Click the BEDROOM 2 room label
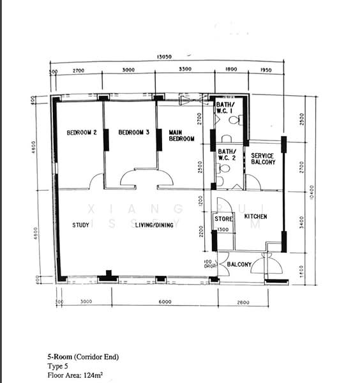tap(81, 133)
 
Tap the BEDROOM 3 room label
tap(133, 133)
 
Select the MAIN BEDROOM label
tap(181, 136)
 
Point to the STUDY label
tap(80, 225)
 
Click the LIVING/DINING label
tap(154, 225)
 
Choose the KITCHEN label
tap(255, 217)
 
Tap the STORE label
tap(223, 219)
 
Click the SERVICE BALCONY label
tap(263, 159)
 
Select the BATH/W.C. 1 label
tap(225, 107)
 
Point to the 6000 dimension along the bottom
tap(165, 301)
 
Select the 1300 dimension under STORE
tap(223, 229)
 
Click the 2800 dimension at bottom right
tap(243, 301)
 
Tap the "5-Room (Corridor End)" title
tap(82, 357)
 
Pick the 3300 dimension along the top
tap(185, 70)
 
